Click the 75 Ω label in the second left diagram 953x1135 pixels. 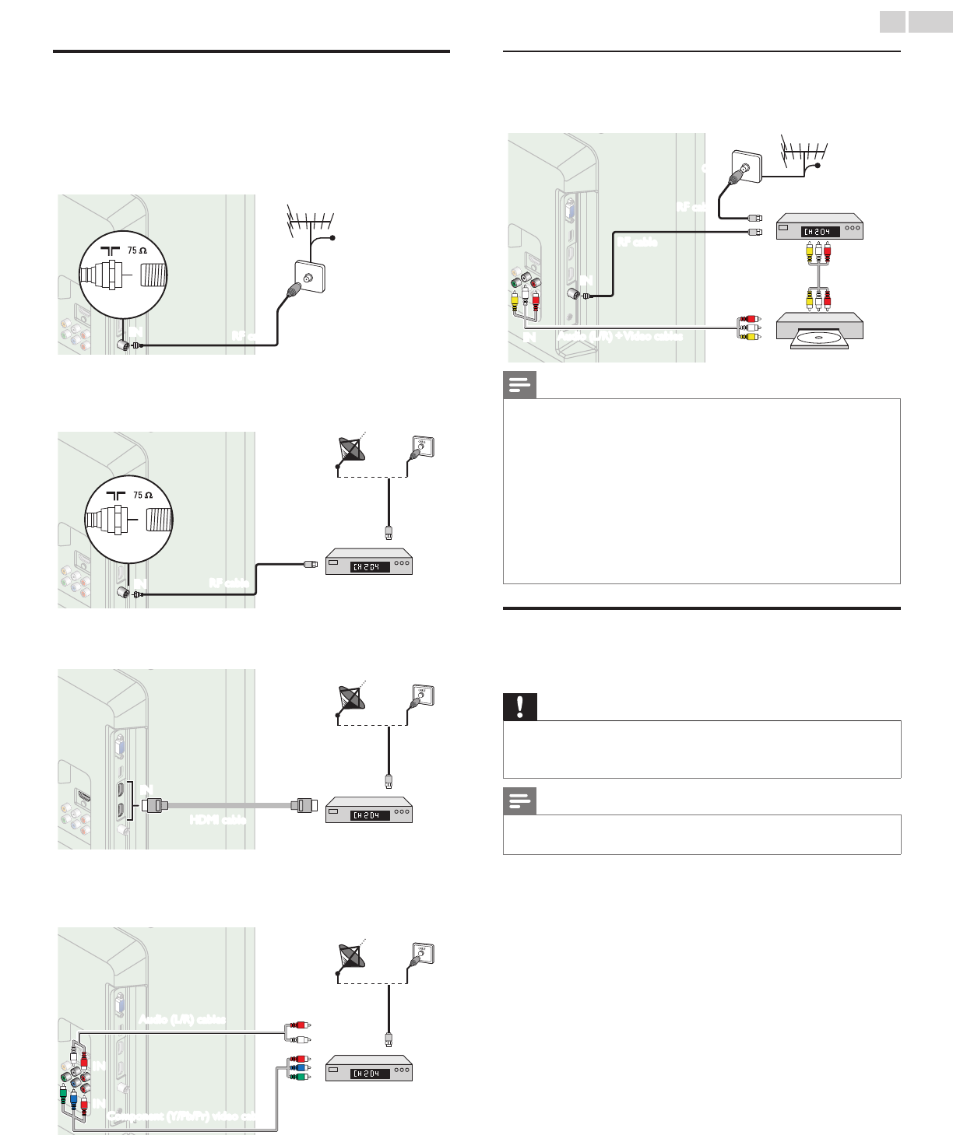[x=142, y=495]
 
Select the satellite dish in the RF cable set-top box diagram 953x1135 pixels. [x=350, y=450]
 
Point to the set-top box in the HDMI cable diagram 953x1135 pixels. [x=368, y=810]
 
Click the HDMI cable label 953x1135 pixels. [x=218, y=819]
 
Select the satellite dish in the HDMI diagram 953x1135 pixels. [x=350, y=697]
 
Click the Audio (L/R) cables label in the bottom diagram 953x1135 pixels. [x=182, y=1019]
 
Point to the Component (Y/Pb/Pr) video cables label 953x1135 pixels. [x=183, y=1116]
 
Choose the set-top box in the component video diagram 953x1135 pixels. [x=368, y=1068]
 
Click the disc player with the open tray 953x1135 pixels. [x=819, y=330]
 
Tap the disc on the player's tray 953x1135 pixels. [x=819, y=338]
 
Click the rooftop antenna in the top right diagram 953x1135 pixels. [x=804, y=151]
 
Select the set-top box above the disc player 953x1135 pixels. [x=819, y=226]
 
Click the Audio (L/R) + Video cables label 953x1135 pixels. [x=621, y=336]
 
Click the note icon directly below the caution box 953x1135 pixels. [x=520, y=800]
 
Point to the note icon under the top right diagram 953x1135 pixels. [x=520, y=385]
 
